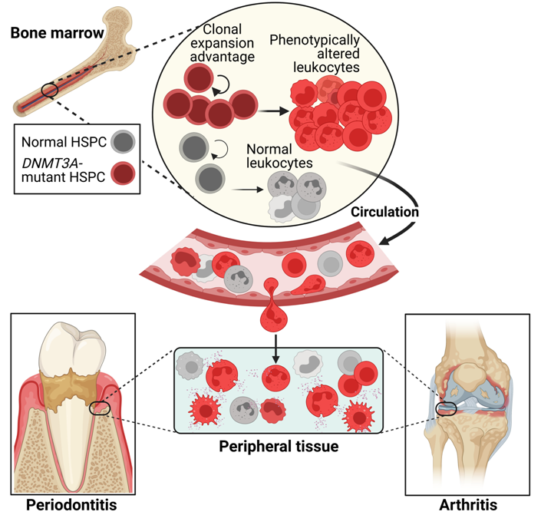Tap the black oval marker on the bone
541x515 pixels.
[50, 90]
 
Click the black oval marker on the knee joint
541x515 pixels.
[447, 408]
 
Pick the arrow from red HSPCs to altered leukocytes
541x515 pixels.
[268, 110]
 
